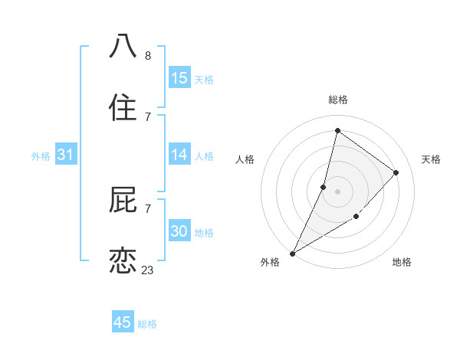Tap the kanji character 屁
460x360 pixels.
123,199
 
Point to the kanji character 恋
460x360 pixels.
123,260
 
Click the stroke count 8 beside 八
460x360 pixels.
148,56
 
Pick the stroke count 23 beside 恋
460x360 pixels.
148,270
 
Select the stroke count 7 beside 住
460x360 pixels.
148,116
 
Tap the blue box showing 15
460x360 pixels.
179,78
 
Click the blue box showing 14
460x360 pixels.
179,155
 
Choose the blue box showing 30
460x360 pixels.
179,231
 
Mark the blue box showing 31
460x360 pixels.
66,155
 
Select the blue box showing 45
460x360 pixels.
123,322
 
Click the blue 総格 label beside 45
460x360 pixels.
147,324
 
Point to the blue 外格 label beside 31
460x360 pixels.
41,156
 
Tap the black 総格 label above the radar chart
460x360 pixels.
338,100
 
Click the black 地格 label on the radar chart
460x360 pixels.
402,262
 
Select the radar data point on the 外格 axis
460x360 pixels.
292,254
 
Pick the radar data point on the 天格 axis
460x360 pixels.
396,172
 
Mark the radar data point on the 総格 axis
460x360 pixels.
337,130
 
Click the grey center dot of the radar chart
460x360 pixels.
337,191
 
